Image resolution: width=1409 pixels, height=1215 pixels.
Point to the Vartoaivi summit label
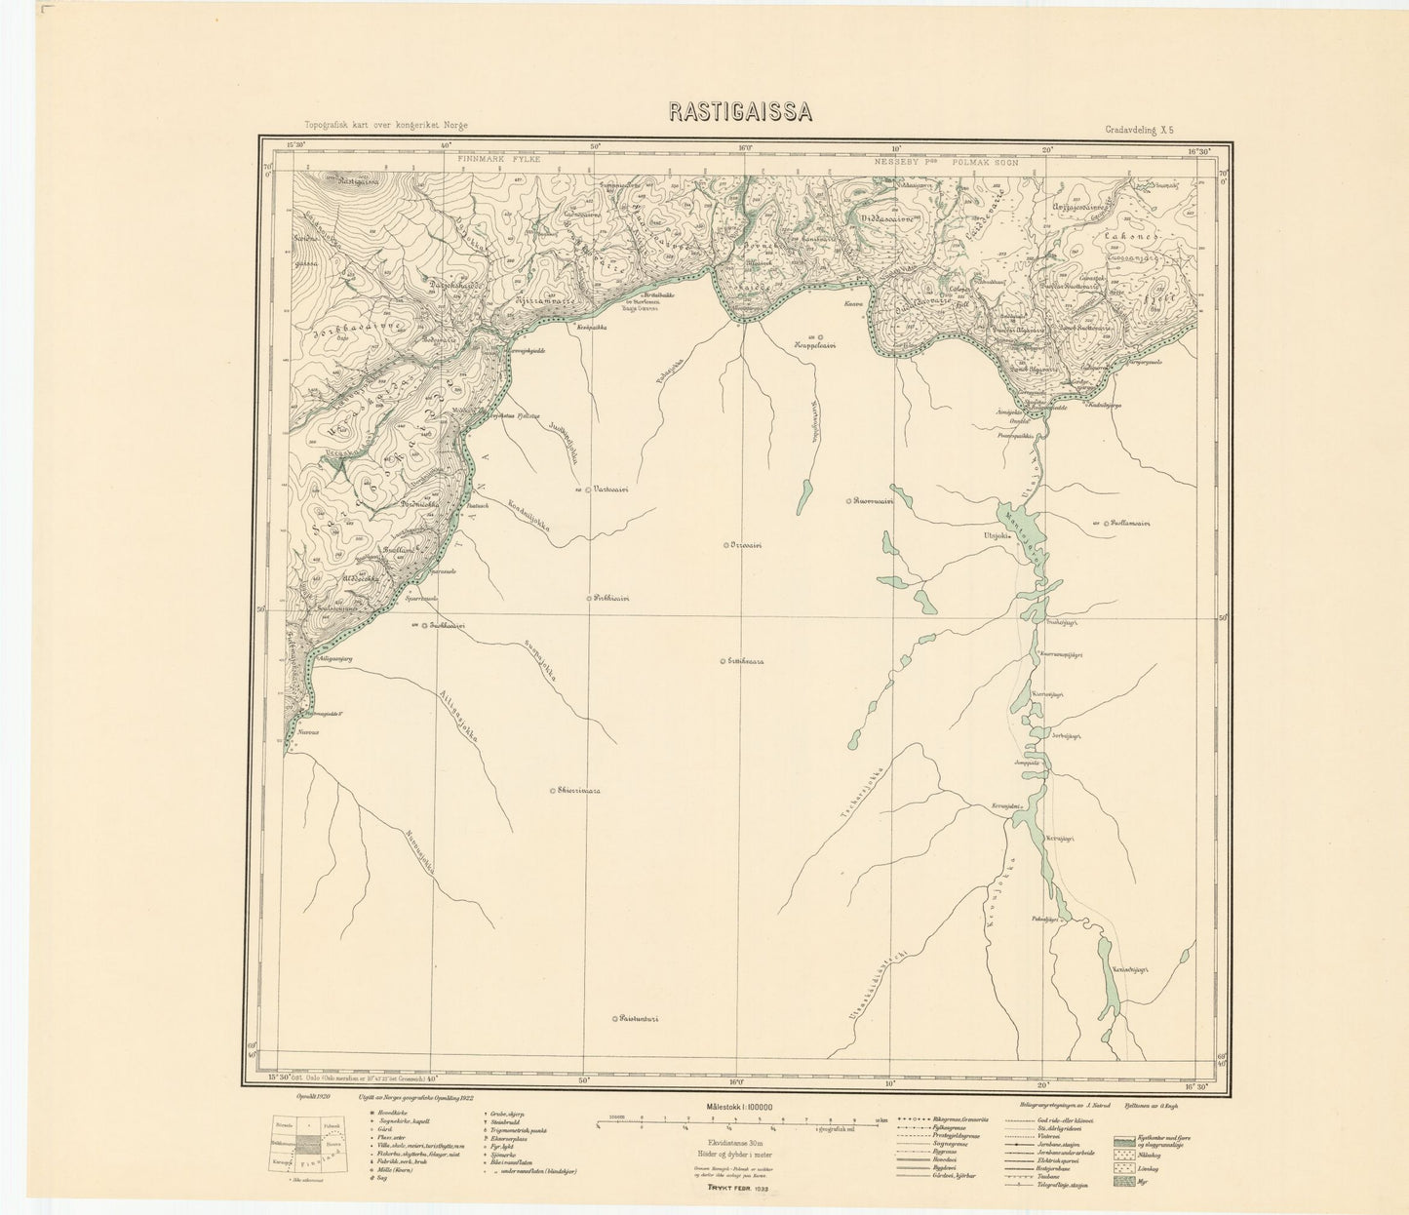pos(611,490)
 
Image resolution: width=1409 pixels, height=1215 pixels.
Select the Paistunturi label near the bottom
pos(640,1020)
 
